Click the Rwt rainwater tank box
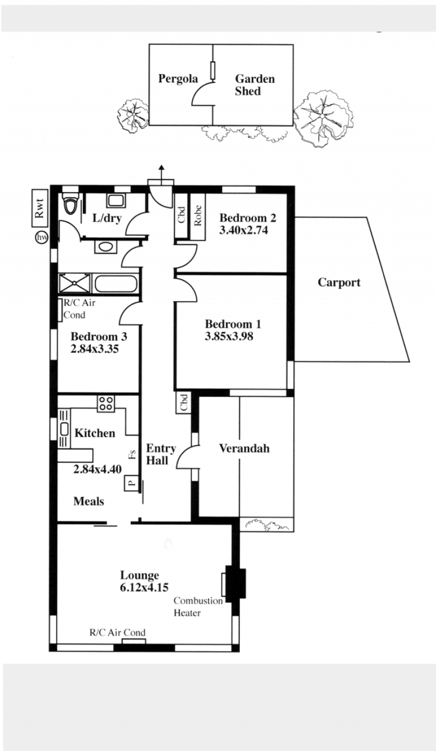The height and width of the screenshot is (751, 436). pyautogui.click(x=40, y=208)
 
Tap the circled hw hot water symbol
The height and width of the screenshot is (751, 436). pyautogui.click(x=41, y=237)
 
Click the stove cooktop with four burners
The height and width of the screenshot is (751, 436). pyautogui.click(x=106, y=404)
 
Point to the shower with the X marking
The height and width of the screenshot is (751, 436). pyautogui.click(x=75, y=284)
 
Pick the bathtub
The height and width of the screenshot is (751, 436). pyautogui.click(x=116, y=284)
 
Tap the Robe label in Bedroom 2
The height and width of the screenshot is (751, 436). pyautogui.click(x=198, y=215)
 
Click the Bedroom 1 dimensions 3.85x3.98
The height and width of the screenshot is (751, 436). pyautogui.click(x=229, y=337)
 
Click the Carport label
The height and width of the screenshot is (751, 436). pyautogui.click(x=339, y=283)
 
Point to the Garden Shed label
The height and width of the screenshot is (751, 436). pyautogui.click(x=255, y=85)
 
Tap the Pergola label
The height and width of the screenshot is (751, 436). pyautogui.click(x=178, y=79)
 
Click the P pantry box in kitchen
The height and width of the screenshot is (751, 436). pyautogui.click(x=132, y=483)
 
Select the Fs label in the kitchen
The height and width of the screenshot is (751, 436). pyautogui.click(x=133, y=454)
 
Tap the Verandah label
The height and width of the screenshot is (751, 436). pyautogui.click(x=244, y=448)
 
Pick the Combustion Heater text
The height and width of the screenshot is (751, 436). pyautogui.click(x=198, y=607)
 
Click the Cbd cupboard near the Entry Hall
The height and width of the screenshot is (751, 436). pyautogui.click(x=183, y=402)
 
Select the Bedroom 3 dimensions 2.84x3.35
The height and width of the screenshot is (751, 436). pyautogui.click(x=94, y=349)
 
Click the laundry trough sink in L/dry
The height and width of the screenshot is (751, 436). pyautogui.click(x=116, y=201)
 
